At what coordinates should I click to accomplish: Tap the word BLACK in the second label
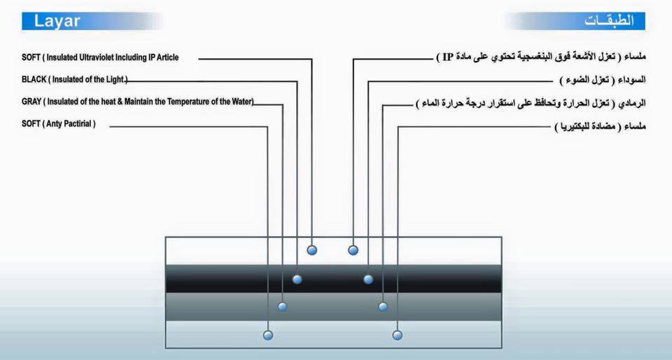tap(33, 80)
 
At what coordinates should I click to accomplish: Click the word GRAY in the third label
tap(31, 102)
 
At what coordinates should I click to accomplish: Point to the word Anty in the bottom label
tap(60, 124)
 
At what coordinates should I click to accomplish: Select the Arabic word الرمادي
tap(630, 103)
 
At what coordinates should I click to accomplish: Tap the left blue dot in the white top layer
tap(312, 250)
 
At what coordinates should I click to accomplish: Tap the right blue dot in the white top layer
tap(353, 250)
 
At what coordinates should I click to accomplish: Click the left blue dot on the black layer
tap(297, 279)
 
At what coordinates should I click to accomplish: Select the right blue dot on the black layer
tap(368, 279)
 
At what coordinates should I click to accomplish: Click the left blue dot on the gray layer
tap(282, 307)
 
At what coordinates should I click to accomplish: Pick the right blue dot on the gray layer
tap(383, 307)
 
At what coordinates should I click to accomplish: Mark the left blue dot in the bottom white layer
tap(267, 335)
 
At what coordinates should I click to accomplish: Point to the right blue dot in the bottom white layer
tap(398, 335)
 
